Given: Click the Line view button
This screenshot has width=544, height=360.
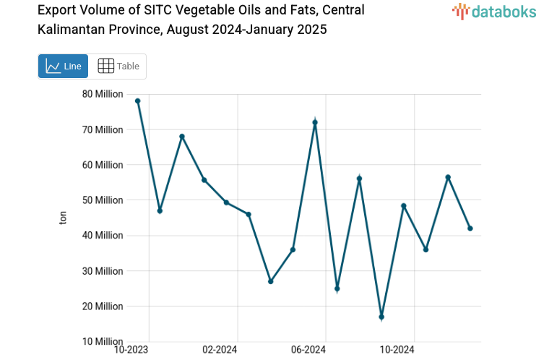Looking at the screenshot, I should [63, 67].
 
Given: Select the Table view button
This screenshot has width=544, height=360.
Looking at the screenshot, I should [118, 67].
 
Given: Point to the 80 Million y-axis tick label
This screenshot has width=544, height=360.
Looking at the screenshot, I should [102, 94].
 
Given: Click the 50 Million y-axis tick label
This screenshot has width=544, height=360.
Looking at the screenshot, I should [102, 200].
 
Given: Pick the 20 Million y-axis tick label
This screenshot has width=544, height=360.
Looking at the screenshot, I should [102, 307].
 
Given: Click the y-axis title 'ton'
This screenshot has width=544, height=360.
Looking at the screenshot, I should [64, 218].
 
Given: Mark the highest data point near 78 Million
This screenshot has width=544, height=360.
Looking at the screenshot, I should [137, 101].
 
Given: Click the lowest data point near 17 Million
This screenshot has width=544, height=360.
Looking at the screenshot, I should [381, 317].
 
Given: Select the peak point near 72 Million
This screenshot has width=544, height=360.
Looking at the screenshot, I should [315, 122].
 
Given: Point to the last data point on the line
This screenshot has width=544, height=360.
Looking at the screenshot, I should [470, 228].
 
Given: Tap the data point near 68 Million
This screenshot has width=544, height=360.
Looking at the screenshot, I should [182, 137].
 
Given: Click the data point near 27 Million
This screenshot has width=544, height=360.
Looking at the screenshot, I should [271, 281].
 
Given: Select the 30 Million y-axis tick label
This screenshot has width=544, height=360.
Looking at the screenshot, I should [102, 271].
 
